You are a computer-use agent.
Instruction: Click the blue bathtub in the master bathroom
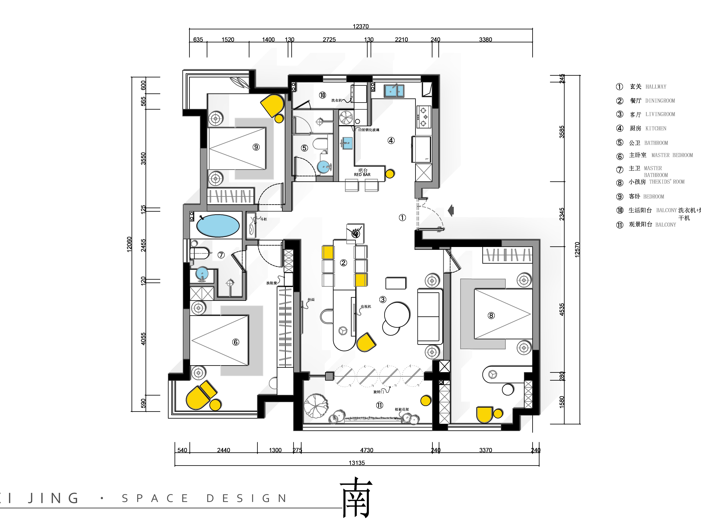pos(218,226)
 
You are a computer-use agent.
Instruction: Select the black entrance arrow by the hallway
pos(451,210)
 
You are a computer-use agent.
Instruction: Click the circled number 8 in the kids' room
pos(491,315)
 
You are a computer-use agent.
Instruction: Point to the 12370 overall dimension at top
pos(361,26)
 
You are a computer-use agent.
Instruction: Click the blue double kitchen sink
pos(394,91)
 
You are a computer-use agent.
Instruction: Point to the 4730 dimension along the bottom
pos(367,450)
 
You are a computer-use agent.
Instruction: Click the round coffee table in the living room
pos(397,315)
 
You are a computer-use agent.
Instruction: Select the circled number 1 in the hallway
pos(402,217)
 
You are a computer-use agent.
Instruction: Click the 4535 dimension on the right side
pos(562,309)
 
